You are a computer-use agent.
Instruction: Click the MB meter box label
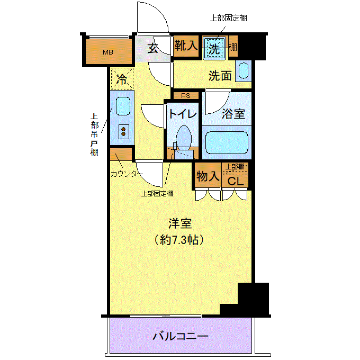[108, 52]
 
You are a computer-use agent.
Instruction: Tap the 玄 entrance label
[152, 48]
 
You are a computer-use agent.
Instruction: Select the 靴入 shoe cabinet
[186, 46]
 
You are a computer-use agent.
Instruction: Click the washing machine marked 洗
[214, 48]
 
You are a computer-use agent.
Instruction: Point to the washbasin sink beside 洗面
[244, 71]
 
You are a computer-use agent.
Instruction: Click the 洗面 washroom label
[220, 76]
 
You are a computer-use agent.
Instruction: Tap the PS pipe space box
[186, 95]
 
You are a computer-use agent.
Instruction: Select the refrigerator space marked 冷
[122, 78]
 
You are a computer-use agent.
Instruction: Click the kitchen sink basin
[123, 106]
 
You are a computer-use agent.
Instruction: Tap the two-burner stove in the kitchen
[123, 131]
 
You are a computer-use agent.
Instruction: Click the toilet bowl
[184, 138]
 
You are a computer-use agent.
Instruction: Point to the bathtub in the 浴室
[227, 142]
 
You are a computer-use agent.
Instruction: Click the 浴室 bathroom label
[233, 113]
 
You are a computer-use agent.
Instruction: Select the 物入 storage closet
[208, 176]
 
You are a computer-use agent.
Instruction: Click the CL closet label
[236, 182]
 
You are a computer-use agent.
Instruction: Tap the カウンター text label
[127, 174]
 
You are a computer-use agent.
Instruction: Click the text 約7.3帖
[179, 240]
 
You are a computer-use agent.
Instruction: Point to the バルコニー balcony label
[181, 337]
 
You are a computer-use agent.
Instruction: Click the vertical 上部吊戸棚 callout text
[94, 134]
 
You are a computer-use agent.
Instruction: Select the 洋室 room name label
[180, 223]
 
